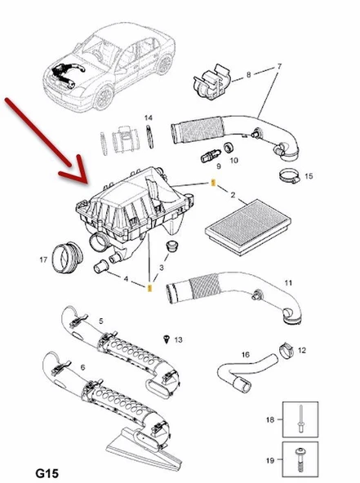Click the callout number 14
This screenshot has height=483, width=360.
click(149, 118)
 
